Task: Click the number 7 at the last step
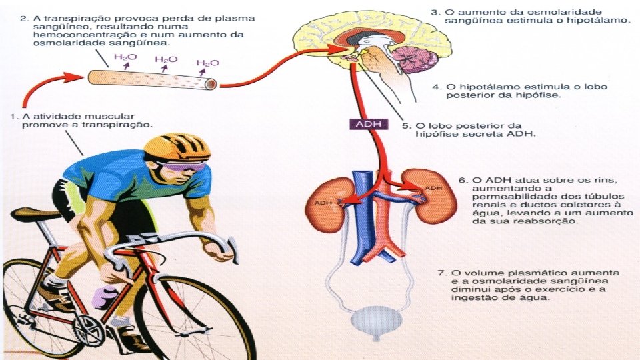(440, 273)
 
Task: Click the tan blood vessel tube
(153, 81)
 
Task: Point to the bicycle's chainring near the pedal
(87, 327)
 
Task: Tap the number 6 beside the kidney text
(461, 181)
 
